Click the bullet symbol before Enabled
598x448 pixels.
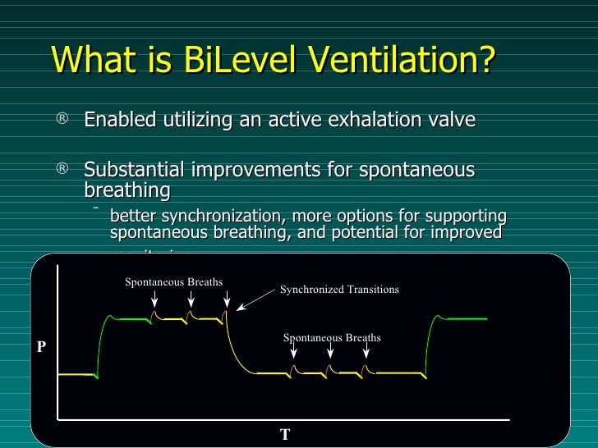point(62,120)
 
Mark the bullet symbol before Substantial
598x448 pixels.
point(62,170)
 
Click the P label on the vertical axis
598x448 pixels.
point(41,347)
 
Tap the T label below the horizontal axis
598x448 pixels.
point(285,435)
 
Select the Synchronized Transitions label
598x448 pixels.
point(339,290)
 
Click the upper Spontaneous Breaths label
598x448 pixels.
point(173,282)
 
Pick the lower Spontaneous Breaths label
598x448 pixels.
point(332,337)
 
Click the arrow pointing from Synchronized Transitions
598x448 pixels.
point(255,299)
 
